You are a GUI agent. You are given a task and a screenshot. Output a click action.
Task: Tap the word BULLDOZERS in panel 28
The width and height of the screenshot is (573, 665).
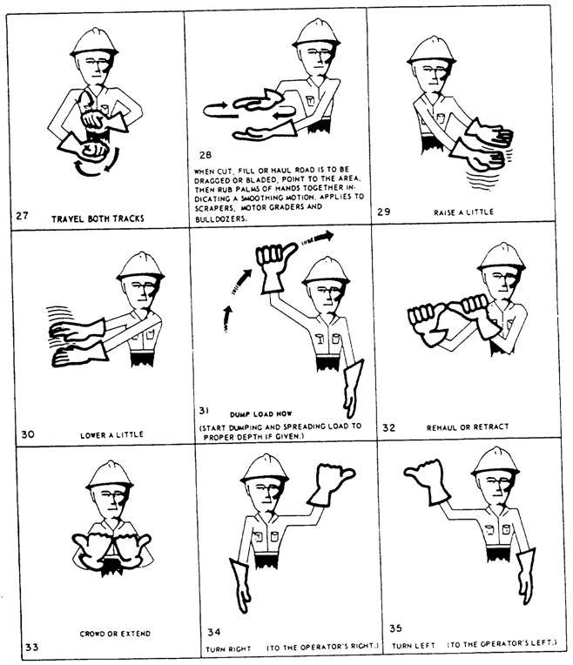coord(219,220)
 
